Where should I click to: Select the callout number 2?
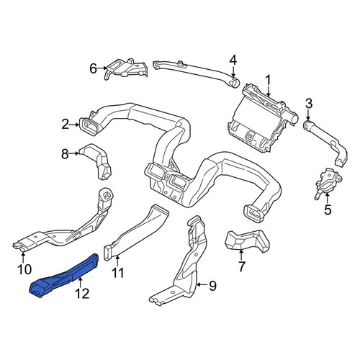click(x=66, y=125)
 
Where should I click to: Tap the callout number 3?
click(x=309, y=104)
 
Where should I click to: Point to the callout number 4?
click(x=233, y=60)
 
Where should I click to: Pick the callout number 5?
click(x=328, y=210)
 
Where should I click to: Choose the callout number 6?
click(x=93, y=68)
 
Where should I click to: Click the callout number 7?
click(x=241, y=266)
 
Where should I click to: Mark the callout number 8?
click(x=65, y=154)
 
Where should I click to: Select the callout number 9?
click(x=212, y=286)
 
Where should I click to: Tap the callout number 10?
click(x=24, y=269)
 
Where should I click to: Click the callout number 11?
click(x=118, y=273)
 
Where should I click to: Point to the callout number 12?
click(x=82, y=293)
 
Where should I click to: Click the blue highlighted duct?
click(x=63, y=275)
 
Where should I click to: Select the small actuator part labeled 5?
click(x=328, y=181)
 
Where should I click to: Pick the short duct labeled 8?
click(x=96, y=160)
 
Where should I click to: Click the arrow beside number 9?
click(x=202, y=285)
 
